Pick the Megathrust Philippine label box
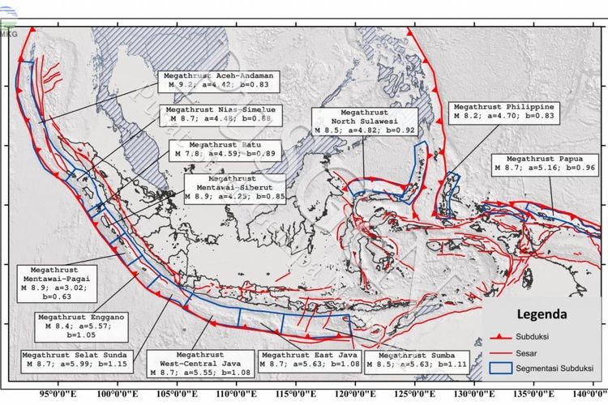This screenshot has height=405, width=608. (503, 111)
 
